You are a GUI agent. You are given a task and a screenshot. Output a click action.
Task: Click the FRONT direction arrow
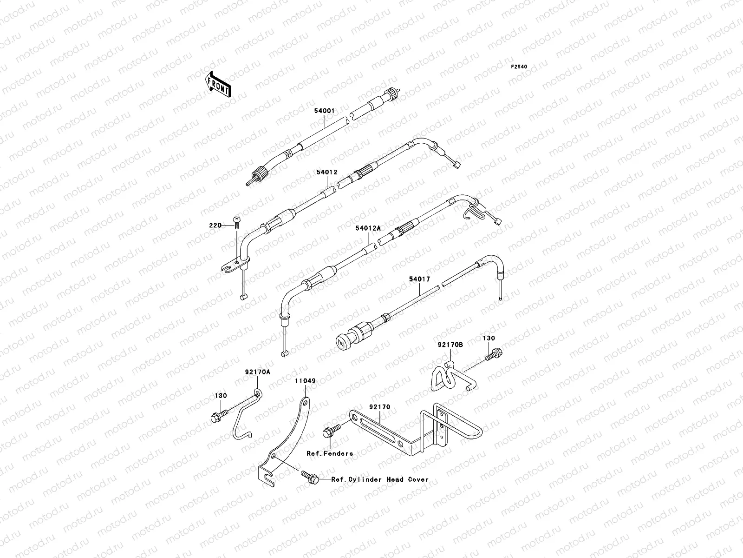click(225, 84)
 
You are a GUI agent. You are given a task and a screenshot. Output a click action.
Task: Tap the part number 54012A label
click(368, 228)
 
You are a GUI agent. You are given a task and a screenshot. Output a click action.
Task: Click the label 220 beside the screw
click(215, 225)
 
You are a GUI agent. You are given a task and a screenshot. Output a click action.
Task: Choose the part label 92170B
click(450, 345)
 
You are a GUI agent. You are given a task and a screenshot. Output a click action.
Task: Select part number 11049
click(305, 381)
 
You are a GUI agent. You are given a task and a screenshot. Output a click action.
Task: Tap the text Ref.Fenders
click(329, 453)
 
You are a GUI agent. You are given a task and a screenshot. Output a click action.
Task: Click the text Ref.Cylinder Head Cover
click(380, 479)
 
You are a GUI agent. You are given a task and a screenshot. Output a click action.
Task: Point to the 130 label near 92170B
click(489, 339)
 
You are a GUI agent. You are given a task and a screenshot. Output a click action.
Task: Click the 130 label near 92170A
click(221, 396)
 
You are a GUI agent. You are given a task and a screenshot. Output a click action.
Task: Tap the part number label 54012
click(327, 172)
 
